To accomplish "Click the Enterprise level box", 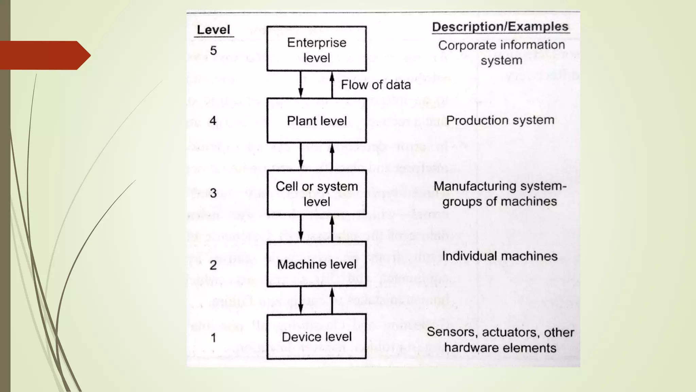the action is click(x=316, y=49).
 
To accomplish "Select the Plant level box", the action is click(x=316, y=120).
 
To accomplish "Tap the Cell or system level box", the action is click(x=316, y=193).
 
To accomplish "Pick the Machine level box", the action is click(x=316, y=264).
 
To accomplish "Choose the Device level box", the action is click(x=316, y=337).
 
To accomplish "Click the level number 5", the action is click(x=213, y=51).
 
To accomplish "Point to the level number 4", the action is click(x=213, y=121).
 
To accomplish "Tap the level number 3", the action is click(x=213, y=193).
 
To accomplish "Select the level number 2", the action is click(x=213, y=265).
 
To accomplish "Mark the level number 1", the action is click(x=213, y=338).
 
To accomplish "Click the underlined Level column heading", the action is click(x=213, y=30).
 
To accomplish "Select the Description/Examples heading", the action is click(x=500, y=27).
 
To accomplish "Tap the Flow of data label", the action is click(x=376, y=85).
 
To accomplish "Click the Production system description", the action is click(x=500, y=120).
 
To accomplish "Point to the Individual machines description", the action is click(x=500, y=256).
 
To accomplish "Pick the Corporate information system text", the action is click(x=501, y=52).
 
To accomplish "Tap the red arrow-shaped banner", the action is click(x=44, y=55).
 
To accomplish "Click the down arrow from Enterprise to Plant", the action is click(x=300, y=85).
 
